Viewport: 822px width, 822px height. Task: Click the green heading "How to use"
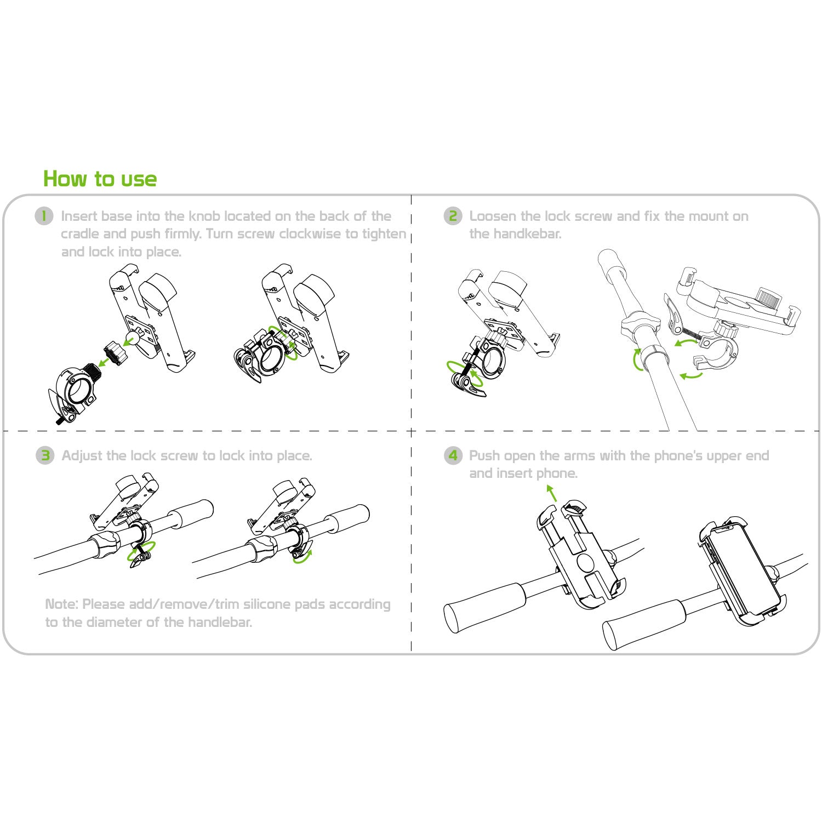[x=100, y=179]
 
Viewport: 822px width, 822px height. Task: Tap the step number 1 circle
[x=44, y=216]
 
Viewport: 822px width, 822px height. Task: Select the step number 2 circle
[x=453, y=216]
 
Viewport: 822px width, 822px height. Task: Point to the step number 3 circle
[x=45, y=455]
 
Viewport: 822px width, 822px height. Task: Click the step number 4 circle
[x=453, y=455]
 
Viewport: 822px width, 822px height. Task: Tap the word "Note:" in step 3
[x=61, y=604]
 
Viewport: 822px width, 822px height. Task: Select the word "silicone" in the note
[x=267, y=604]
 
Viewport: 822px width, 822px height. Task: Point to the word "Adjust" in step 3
[x=82, y=456]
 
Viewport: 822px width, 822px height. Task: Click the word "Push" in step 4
[x=484, y=456]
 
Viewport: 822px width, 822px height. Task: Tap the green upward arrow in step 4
[x=552, y=493]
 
